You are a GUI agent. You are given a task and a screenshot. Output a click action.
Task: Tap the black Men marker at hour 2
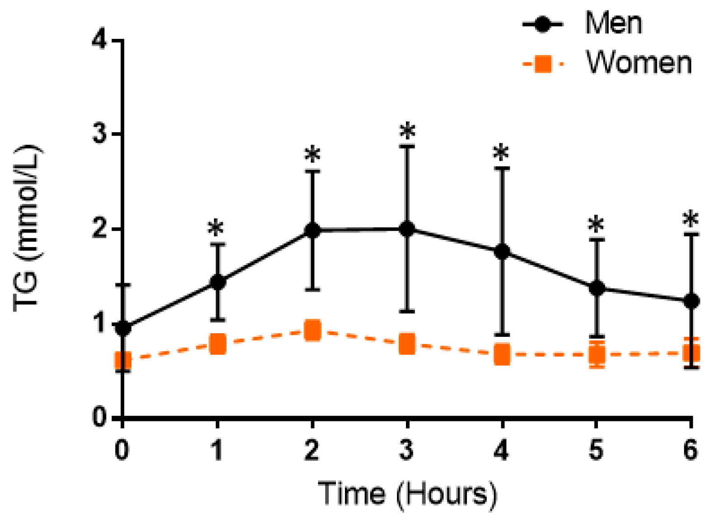point(312,230)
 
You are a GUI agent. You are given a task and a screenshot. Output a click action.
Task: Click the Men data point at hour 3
point(407,229)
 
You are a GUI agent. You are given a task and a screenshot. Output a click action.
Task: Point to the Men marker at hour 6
point(691,301)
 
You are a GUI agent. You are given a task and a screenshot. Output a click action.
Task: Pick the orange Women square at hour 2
point(312,331)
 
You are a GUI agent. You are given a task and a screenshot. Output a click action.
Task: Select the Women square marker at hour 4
point(502,354)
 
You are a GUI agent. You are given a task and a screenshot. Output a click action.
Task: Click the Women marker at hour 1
point(218,345)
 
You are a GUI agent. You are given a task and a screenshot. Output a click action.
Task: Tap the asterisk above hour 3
point(407,131)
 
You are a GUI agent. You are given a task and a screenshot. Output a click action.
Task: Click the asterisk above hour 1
point(216,229)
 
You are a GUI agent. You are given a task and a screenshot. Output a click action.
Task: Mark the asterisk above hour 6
point(690,220)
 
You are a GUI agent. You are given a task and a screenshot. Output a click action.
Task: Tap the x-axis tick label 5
point(596,450)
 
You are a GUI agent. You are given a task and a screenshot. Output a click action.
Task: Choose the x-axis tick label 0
point(121,450)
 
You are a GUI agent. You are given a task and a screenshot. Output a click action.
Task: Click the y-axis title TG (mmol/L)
point(27,229)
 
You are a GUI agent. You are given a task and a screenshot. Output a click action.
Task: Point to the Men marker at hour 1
point(218,282)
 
